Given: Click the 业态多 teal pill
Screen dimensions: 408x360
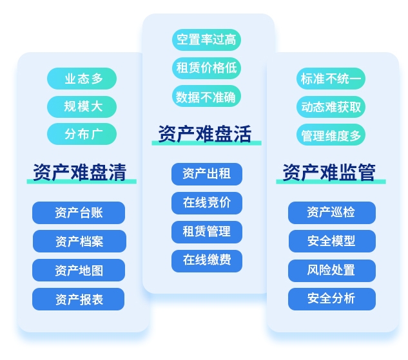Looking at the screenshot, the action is [x=82, y=79].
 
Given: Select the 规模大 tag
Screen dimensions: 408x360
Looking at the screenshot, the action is [x=82, y=106].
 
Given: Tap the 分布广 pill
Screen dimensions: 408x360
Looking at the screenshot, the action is [x=82, y=134].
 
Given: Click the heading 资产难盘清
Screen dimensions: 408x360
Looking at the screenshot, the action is [x=80, y=173].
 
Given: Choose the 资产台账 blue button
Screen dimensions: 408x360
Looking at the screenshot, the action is [x=79, y=213].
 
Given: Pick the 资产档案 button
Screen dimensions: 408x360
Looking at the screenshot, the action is [x=79, y=242].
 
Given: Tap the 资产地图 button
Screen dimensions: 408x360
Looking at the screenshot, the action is [x=79, y=270].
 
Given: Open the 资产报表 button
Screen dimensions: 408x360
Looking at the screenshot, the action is [x=79, y=299].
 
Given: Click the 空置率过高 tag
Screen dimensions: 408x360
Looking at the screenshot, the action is [x=206, y=40].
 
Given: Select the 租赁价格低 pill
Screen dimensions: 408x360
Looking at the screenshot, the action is [x=206, y=68].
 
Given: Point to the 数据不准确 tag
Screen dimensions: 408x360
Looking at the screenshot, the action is [x=206, y=96].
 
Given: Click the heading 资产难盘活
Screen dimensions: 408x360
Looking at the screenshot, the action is [x=205, y=134].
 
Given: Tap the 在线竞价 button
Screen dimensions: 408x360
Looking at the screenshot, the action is [x=207, y=203].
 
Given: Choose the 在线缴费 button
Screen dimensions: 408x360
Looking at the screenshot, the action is [x=207, y=261].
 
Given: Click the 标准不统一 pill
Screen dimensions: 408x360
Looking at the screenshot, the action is [x=331, y=79].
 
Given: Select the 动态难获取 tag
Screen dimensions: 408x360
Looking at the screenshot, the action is [x=331, y=106].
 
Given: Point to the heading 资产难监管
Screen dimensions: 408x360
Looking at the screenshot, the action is [x=329, y=173].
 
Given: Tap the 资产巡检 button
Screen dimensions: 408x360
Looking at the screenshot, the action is [x=332, y=213].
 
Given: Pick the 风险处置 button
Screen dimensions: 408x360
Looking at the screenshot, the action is [x=332, y=270].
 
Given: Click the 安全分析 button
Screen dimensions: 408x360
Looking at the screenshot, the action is [x=332, y=299].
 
